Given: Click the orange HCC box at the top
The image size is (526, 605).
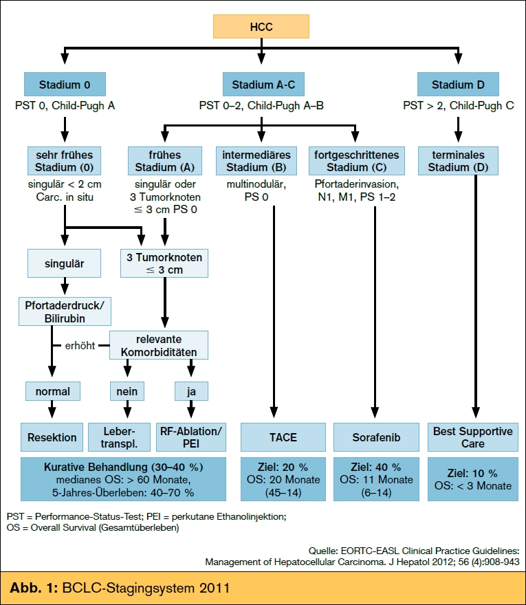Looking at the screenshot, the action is (261, 27).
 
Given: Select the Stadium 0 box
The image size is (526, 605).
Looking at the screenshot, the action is (65, 84).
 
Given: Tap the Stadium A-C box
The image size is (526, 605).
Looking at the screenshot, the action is (263, 84).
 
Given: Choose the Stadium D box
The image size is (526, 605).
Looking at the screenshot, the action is (458, 84).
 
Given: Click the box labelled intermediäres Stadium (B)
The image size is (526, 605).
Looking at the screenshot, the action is (256, 161).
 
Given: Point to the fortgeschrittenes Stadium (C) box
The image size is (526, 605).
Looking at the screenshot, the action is (357, 161).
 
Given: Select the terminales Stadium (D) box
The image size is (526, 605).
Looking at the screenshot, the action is (458, 161).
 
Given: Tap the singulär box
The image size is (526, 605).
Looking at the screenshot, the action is (65, 263).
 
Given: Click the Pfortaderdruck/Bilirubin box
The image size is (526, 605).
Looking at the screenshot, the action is (65, 311).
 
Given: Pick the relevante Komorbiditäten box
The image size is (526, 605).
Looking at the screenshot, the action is (159, 345).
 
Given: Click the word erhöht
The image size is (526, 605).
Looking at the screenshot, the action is (80, 346).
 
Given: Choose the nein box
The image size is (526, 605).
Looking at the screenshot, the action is (127, 391).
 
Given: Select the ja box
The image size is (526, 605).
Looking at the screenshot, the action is (191, 391).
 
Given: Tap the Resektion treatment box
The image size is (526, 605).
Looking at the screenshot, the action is (52, 437).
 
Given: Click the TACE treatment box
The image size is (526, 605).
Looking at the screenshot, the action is (283, 437).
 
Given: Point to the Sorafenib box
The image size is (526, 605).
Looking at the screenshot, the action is (376, 437).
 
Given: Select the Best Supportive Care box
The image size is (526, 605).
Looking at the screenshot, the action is (473, 437).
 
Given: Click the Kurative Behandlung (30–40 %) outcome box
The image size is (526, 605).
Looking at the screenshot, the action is (123, 479).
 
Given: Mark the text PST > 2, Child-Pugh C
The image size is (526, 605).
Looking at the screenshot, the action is (459, 105).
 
